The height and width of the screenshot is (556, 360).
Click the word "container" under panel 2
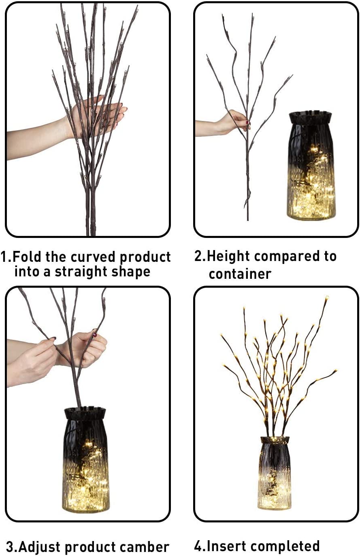click(240, 274)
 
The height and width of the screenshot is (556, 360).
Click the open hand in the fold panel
click(97, 117)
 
